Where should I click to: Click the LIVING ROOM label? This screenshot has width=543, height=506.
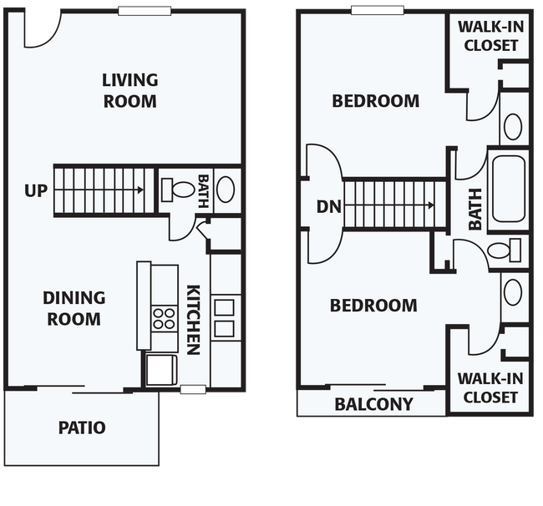pos(130,91)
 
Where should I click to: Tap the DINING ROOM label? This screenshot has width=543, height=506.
pos(74,308)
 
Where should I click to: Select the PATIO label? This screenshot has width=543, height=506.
pos(82,428)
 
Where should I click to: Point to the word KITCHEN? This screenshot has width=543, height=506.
pos(194,320)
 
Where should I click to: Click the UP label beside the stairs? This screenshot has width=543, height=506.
pos(36,190)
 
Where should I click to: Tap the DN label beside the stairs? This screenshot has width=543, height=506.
pos(329,206)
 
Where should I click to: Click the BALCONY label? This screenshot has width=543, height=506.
pos(374,404)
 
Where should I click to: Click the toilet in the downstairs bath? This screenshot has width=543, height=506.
pos(178,190)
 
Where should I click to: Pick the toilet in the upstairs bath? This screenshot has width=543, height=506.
pos(505,250)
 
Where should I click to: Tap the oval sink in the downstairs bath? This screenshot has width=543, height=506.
pos(226,190)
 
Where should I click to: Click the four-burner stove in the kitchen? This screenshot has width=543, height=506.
pos(164,319)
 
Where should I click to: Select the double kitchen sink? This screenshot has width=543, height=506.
pos(225,318)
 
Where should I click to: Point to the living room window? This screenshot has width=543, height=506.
pos(145,11)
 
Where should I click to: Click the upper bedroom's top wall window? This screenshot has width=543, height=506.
pos(378,10)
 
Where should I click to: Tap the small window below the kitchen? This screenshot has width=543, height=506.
pos(193,389)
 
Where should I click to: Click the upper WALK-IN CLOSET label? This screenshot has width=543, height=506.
pos(491,36)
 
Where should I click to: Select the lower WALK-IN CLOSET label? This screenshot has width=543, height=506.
pos(490,388)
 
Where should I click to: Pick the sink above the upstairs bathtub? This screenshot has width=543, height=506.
pos(513,126)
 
